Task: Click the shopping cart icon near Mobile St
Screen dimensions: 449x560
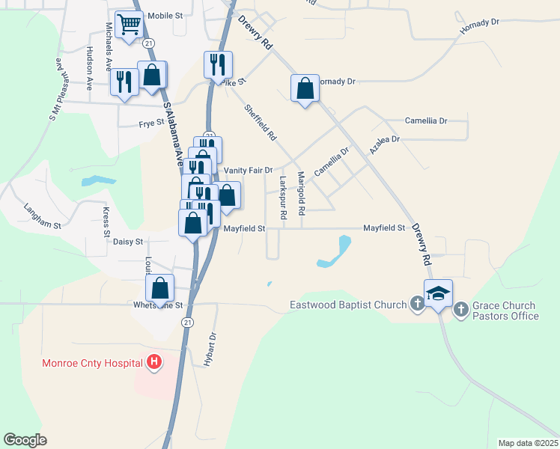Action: pyautogui.click(x=130, y=25)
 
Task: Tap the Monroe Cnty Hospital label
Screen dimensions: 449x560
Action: pyautogui.click(x=92, y=363)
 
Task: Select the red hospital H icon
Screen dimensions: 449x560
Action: pyautogui.click(x=154, y=363)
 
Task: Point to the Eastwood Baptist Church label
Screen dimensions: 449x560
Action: pyautogui.click(x=348, y=305)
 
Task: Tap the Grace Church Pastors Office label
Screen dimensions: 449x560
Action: pyautogui.click(x=505, y=311)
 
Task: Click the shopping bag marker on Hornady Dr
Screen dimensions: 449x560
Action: pyautogui.click(x=305, y=89)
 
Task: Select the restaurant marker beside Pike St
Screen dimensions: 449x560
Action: pyautogui.click(x=218, y=65)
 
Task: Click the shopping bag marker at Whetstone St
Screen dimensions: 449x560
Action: pyautogui.click(x=159, y=288)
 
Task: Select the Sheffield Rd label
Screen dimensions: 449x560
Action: pyautogui.click(x=261, y=123)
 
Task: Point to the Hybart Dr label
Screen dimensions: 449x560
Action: pyautogui.click(x=210, y=348)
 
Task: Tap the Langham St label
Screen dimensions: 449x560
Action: pyautogui.click(x=41, y=215)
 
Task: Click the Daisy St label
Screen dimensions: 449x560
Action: pyautogui.click(x=127, y=242)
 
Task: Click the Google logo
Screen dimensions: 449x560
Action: pyautogui.click(x=25, y=440)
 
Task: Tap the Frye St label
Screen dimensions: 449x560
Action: pyautogui.click(x=151, y=123)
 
